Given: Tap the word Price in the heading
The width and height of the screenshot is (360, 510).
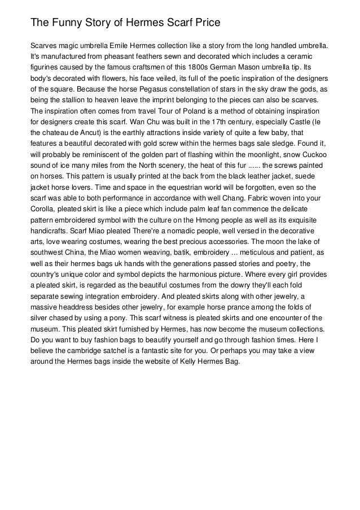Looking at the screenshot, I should pyautogui.click(x=203, y=23).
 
